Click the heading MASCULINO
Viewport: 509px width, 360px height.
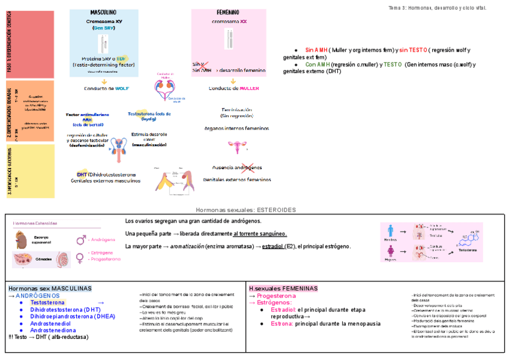[x=103, y=13]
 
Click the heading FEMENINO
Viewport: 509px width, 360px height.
[x=228, y=13]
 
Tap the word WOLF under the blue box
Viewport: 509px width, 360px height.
[x=122, y=88]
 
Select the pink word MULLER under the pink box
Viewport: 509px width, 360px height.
[x=249, y=88]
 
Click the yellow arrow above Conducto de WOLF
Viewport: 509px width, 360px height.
[x=104, y=80]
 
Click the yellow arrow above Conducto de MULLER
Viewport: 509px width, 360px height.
[x=233, y=80]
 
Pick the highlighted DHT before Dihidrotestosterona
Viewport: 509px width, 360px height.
[x=82, y=175]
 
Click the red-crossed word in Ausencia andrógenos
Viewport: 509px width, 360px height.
[x=248, y=167]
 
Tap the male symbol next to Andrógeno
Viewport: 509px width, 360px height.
[x=80, y=239]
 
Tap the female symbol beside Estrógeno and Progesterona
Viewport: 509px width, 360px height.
[x=80, y=257]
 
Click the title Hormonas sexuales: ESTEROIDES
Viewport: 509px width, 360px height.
[x=246, y=210]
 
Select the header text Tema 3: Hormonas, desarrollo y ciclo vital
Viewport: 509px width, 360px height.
[x=438, y=8]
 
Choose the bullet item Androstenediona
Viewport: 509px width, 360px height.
[x=53, y=330]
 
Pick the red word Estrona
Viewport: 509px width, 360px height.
[x=281, y=323]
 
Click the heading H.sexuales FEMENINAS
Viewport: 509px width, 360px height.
[x=283, y=289]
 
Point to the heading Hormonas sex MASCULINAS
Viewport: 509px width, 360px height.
[x=50, y=289]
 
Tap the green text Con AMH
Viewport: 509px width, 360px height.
[x=318, y=64]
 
